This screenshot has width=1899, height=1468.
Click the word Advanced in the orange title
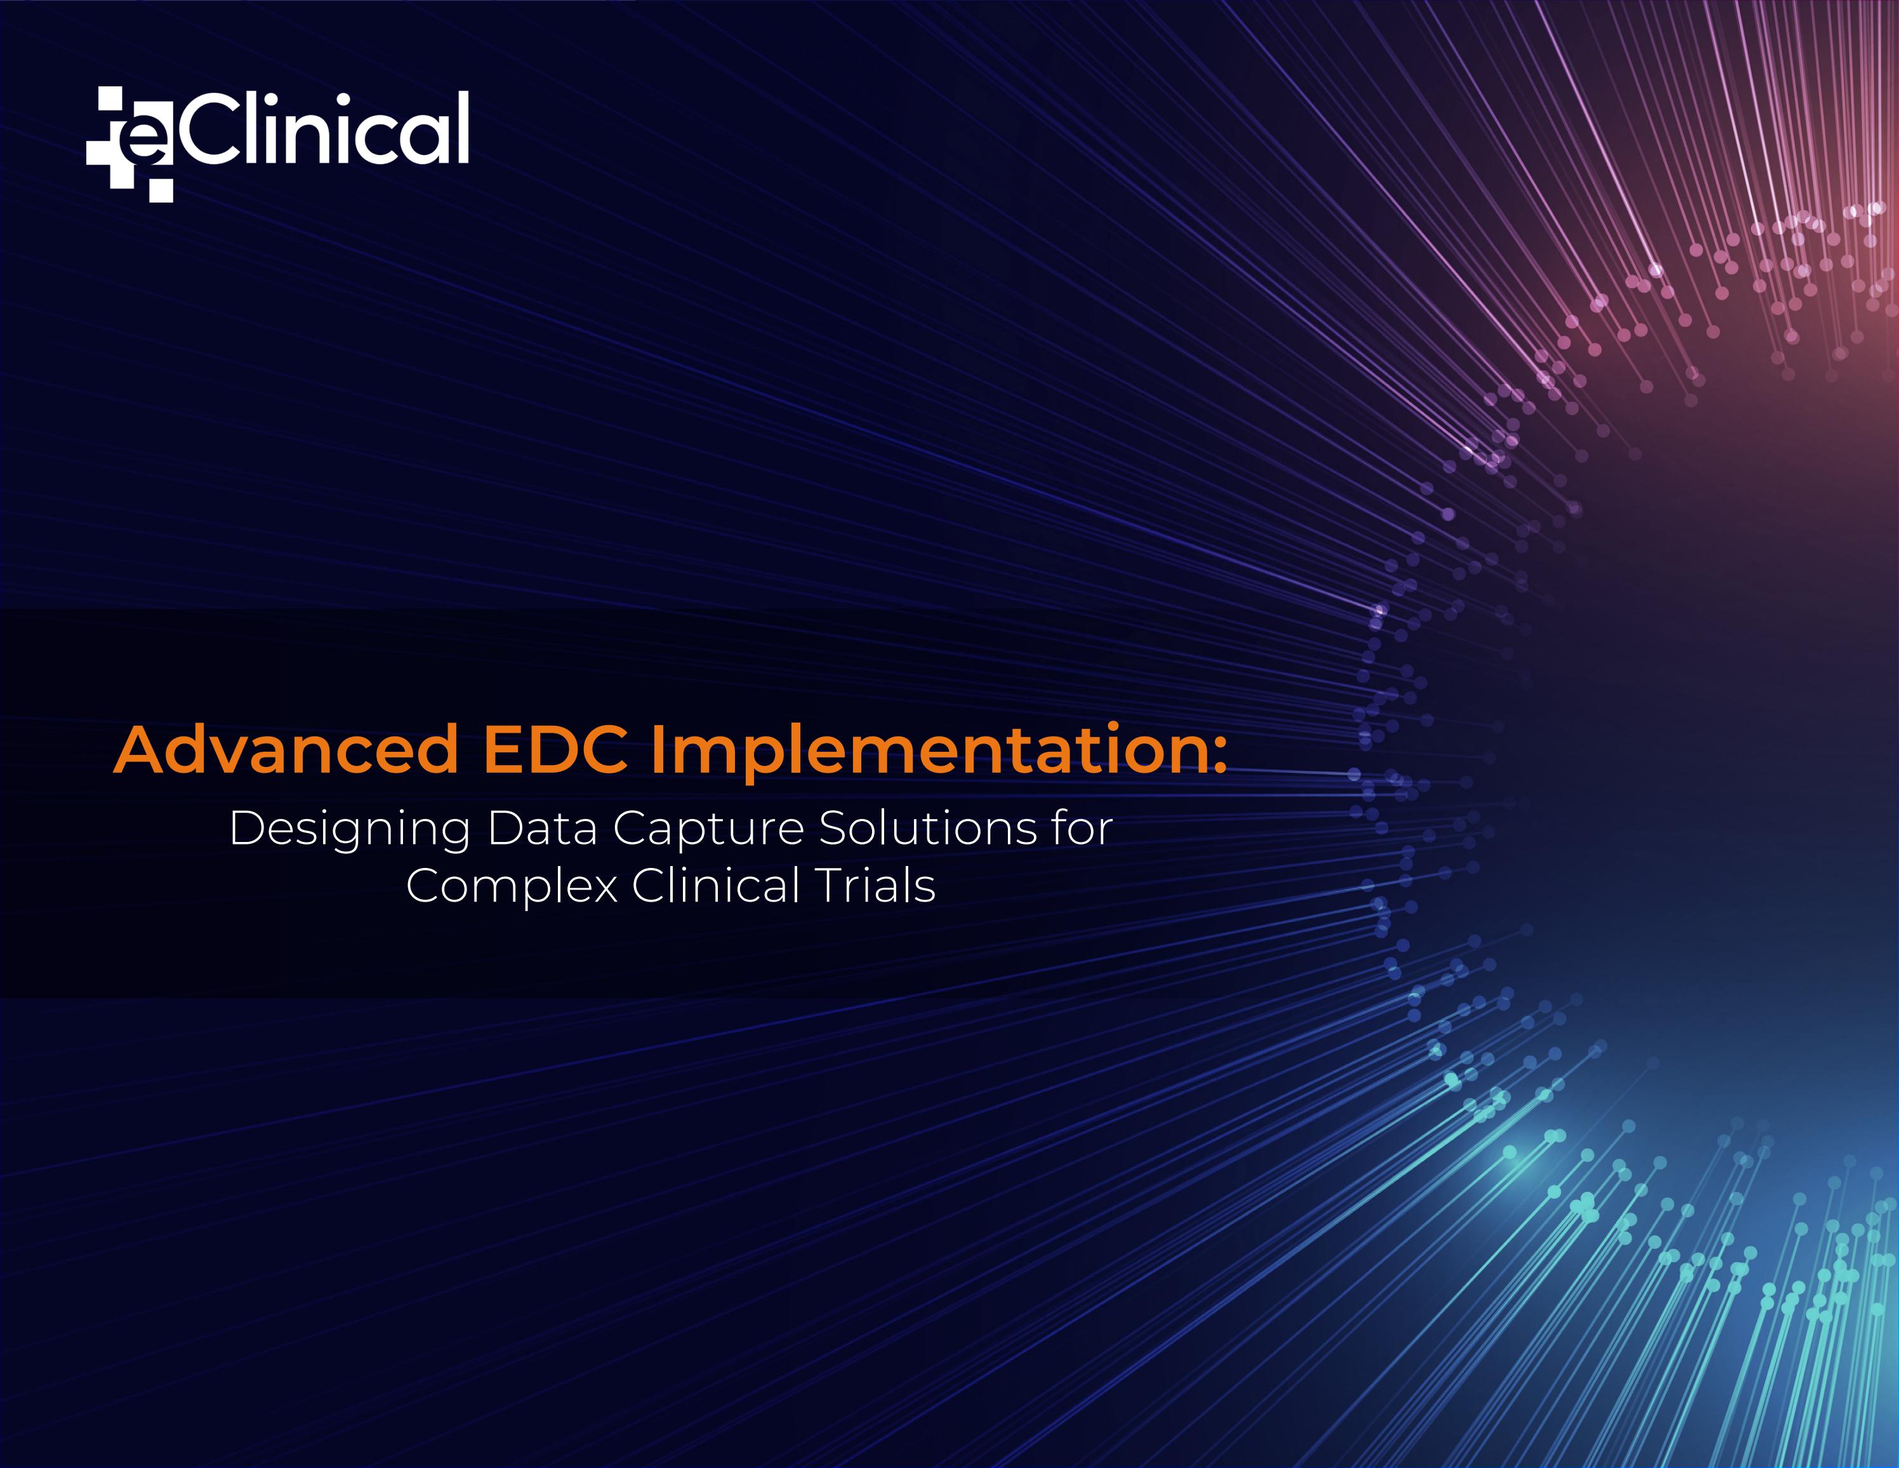(286, 750)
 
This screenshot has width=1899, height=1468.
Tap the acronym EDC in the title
(555, 750)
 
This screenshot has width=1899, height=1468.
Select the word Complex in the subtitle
(512, 888)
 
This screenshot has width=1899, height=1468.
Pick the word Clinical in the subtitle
(715, 886)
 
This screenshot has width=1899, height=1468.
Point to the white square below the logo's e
(161, 190)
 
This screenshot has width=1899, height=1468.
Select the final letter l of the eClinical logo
(463, 127)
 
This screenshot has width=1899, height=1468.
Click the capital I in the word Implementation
(658, 750)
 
